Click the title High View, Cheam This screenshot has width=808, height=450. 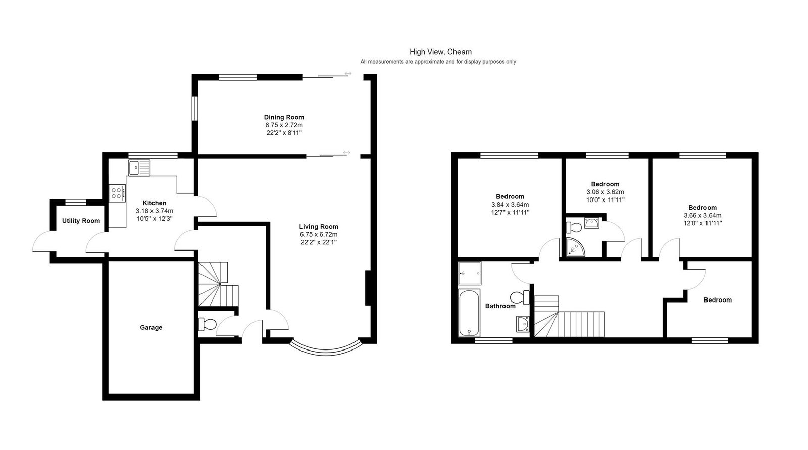point(440,52)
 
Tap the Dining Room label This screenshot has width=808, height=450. point(284,117)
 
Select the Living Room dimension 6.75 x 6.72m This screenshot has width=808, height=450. point(319,234)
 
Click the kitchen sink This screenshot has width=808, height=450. point(139,168)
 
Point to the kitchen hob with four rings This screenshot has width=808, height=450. point(117,193)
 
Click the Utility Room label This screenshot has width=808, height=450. point(81,221)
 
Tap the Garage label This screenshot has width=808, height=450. point(151,327)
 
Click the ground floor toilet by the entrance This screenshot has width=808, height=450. point(207,324)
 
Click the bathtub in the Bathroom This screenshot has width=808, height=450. point(469,312)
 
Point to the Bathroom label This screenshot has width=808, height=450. point(500,306)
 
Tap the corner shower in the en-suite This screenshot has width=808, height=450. point(575,247)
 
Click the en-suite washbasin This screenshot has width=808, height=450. point(592,223)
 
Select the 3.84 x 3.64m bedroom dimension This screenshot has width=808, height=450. point(510,205)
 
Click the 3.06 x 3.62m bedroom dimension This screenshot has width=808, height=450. point(605,192)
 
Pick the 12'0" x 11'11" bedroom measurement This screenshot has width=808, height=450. point(702,223)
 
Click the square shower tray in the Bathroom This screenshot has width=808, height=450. point(470,273)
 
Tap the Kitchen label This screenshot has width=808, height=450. point(155,203)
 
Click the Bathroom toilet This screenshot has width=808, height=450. point(520,297)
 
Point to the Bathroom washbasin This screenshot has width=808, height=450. point(522,324)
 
